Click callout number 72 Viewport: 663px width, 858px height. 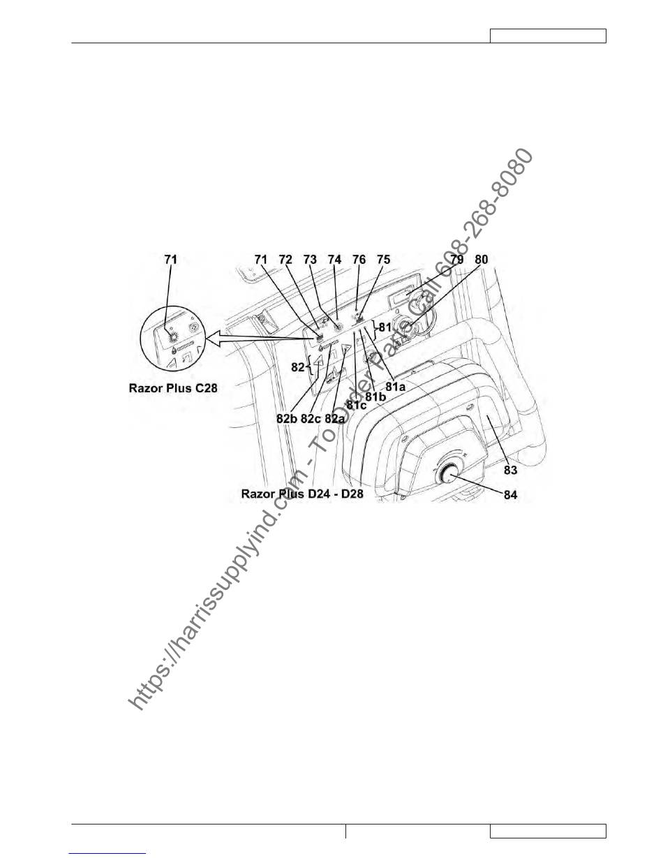click(x=285, y=260)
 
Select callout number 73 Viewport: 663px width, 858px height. click(x=310, y=260)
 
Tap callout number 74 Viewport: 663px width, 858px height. click(x=335, y=260)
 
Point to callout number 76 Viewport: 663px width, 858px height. click(x=359, y=260)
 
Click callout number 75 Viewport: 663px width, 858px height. click(x=384, y=260)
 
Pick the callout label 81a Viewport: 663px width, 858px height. click(x=396, y=387)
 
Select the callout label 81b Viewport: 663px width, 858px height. click(x=375, y=397)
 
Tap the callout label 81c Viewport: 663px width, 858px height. click(x=357, y=405)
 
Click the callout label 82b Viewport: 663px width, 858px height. click(x=287, y=419)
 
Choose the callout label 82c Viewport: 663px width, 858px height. click(x=311, y=419)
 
